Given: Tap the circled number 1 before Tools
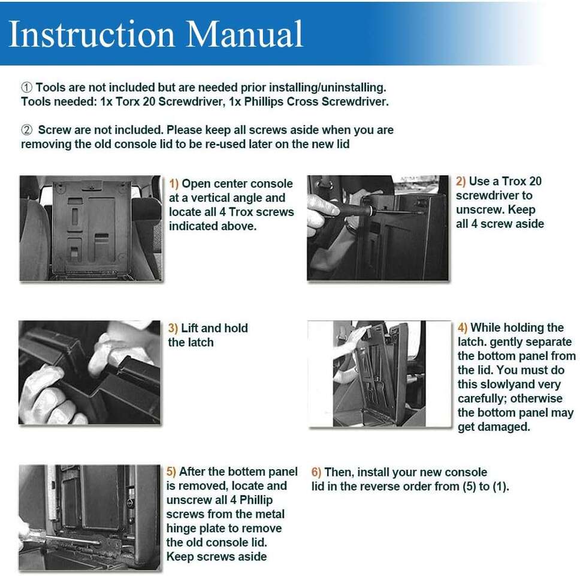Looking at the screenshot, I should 26,88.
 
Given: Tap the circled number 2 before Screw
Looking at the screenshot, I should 26,130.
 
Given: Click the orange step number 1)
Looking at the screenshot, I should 174,184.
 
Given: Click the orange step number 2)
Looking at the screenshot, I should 461,181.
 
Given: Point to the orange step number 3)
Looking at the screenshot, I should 173,328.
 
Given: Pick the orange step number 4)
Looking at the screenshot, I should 463,328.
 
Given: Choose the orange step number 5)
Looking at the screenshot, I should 171,472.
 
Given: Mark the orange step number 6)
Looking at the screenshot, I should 317,472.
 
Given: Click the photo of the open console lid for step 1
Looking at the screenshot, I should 90,228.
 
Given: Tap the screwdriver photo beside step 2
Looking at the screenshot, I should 377,228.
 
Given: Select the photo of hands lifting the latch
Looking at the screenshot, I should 89,373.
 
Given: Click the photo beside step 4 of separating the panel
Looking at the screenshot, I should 379,374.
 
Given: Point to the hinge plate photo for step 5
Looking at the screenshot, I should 89,517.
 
